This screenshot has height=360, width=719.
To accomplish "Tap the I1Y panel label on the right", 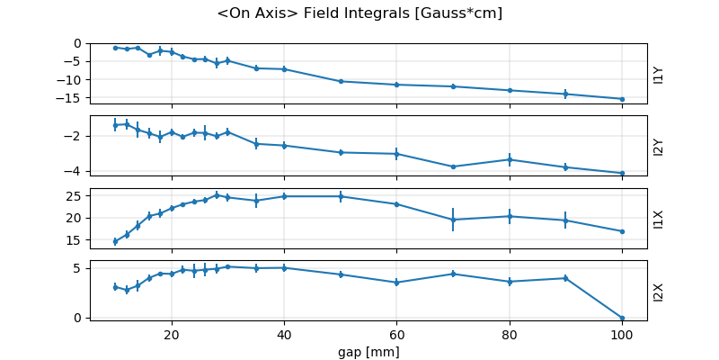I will [659, 74].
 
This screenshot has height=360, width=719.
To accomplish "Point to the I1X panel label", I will [659, 219].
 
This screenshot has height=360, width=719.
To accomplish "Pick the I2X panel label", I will [659, 292].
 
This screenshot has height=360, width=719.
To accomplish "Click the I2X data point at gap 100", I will [621, 318].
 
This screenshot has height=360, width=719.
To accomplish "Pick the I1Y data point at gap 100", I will [621, 99].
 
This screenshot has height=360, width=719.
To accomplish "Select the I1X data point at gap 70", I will [453, 220].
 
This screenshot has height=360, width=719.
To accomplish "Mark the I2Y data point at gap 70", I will [453, 166].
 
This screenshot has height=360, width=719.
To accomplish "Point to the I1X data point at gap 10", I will [115, 241].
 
